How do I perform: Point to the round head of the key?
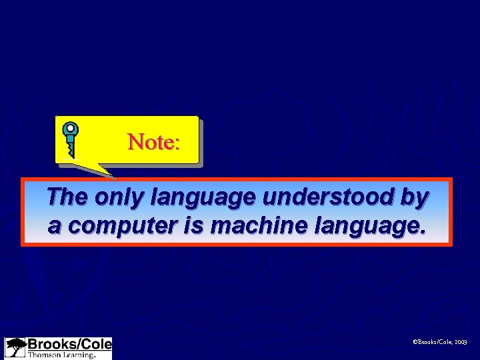70,129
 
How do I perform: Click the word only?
120,197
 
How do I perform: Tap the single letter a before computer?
54,226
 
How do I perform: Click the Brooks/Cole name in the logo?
69,345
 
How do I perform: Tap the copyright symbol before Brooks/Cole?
415,342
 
